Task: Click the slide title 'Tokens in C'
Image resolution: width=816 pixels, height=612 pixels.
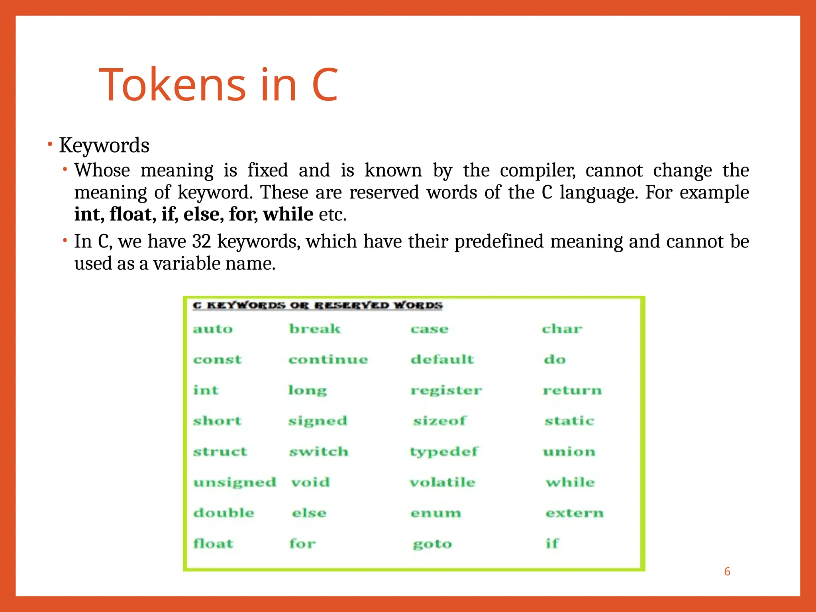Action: [x=218, y=84]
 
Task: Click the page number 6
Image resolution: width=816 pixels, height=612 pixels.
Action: [x=727, y=572]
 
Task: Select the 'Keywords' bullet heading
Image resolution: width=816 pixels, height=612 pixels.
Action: [x=104, y=145]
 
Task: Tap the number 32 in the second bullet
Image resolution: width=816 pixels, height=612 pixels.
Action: [x=201, y=241]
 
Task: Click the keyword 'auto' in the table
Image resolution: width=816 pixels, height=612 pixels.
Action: [x=213, y=329]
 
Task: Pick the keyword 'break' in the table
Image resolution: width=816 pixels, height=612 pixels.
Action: [x=315, y=329]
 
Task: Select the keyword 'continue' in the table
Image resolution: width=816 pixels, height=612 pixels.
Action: [x=328, y=360]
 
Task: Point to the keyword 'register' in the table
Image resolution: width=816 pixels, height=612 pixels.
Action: [x=446, y=390]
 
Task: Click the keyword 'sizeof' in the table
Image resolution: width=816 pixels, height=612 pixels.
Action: [x=439, y=421]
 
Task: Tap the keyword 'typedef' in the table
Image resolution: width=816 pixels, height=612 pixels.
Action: [x=444, y=452]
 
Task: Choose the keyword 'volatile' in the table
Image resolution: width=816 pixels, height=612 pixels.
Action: [x=442, y=483]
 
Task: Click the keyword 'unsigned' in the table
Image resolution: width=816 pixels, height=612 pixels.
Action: [x=235, y=483]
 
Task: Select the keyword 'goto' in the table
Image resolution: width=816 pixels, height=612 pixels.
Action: [x=432, y=544]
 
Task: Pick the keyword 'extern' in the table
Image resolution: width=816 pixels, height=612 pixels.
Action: [x=574, y=513]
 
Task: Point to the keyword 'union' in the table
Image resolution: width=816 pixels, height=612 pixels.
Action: [x=569, y=452]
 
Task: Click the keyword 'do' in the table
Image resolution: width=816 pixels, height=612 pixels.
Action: [x=555, y=360]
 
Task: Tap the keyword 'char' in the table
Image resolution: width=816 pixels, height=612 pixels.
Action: [x=562, y=329]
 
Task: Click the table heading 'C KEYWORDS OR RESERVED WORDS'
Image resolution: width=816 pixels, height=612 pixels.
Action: [x=318, y=306]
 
